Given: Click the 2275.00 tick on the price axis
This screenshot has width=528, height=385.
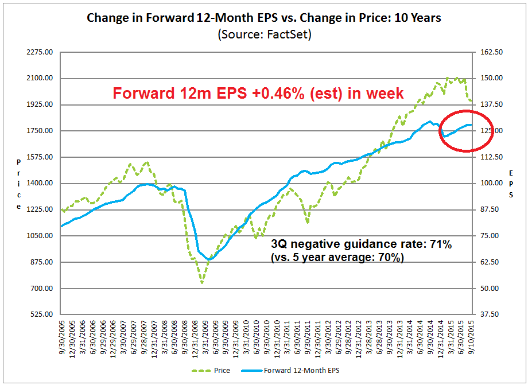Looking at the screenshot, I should tap(41, 52).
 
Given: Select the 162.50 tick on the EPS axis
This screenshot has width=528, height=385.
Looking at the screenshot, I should tap(491, 52).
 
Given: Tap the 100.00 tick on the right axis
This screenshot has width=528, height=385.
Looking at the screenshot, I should tap(491, 184).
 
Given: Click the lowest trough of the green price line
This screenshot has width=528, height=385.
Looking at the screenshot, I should tap(202, 282).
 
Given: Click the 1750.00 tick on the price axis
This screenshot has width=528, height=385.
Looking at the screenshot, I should tap(41, 131).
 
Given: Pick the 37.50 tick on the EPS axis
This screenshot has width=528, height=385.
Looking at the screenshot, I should tap(492, 314).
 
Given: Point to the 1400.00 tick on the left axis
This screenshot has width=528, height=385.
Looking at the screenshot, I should tap(41, 184).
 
